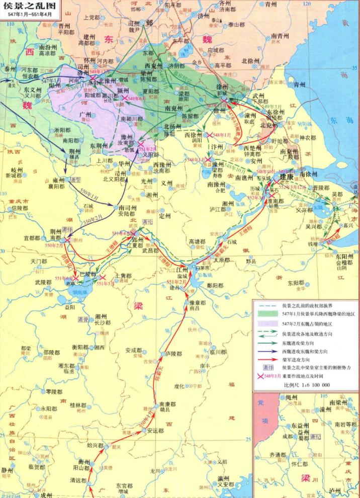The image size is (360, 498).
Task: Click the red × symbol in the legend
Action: pos(260,376)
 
